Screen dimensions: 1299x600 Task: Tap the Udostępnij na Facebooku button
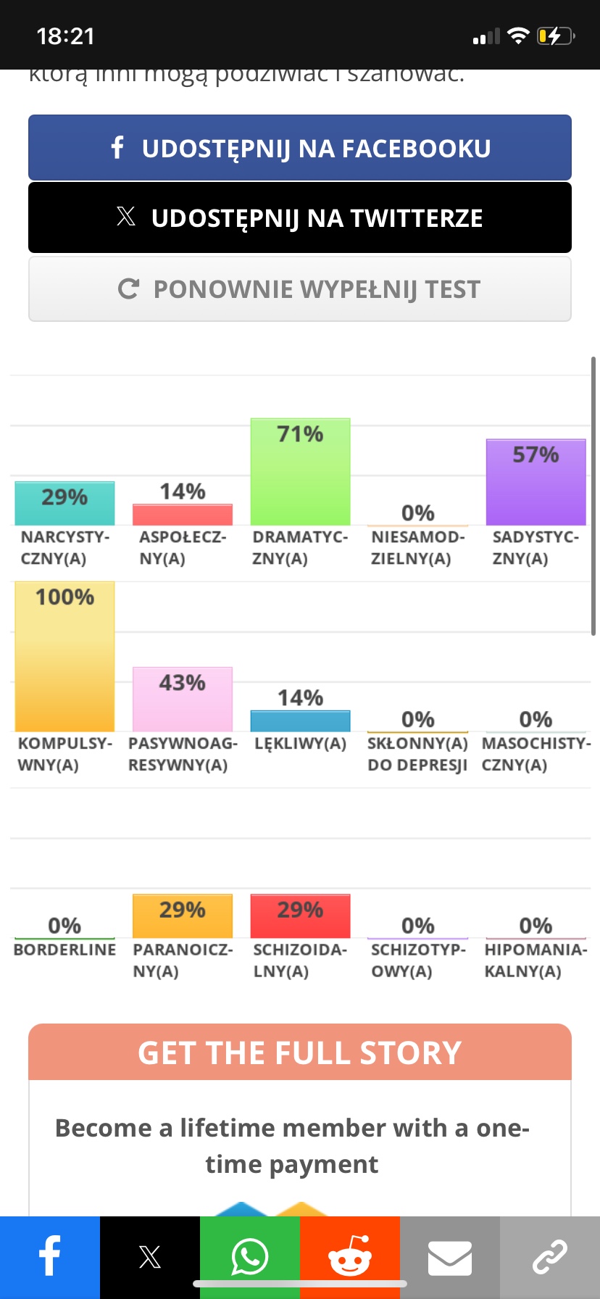300,148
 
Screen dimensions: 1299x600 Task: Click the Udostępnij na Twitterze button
300,217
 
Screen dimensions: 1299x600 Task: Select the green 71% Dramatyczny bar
300,472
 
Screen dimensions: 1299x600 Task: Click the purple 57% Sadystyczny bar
536,482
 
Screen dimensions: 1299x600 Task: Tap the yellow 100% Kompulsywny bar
64,657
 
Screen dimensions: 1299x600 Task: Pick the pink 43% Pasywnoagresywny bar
183,700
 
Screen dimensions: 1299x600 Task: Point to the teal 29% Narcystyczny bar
64,503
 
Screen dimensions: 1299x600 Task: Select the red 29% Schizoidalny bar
300,916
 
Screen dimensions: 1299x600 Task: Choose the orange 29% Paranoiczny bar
183,916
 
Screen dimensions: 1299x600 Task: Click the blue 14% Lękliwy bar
300,721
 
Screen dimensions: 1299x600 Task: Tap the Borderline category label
64,950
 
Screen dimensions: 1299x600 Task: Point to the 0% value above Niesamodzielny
418,513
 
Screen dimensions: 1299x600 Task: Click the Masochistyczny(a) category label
536,754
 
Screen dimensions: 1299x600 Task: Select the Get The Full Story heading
300,1053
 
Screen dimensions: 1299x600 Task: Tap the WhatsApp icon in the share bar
250,1257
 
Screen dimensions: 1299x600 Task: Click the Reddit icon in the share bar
350,1257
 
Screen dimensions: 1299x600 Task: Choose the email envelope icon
450,1257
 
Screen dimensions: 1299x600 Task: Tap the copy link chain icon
550,1257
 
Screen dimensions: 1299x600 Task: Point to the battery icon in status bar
555,36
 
